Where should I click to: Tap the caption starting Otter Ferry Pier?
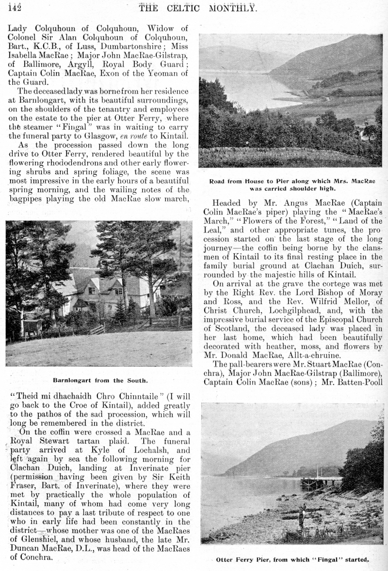[292, 559]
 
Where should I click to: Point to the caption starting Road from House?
[292, 185]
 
